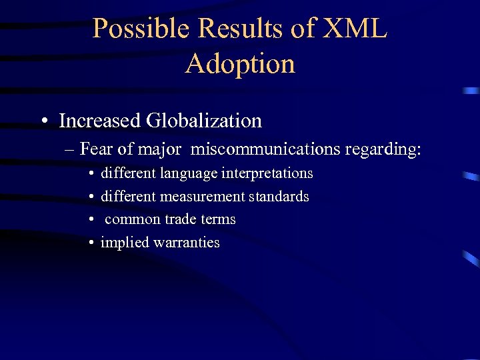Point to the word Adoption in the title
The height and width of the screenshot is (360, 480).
(240, 64)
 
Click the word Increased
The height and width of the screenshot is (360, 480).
(100, 121)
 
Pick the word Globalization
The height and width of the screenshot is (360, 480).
(204, 121)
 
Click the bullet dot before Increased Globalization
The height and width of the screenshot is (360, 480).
(43, 122)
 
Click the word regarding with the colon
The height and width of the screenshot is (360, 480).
(383, 149)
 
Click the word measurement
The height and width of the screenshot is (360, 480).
(202, 197)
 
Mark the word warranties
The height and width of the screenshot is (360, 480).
(186, 243)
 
